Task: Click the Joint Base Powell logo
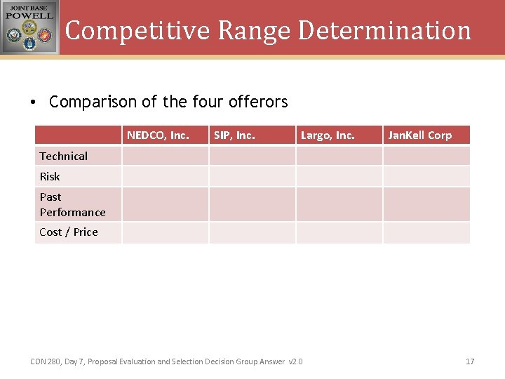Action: [x=29, y=27]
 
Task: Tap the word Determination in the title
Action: [x=384, y=31]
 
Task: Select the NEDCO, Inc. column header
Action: [x=158, y=135]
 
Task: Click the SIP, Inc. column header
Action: [x=234, y=135]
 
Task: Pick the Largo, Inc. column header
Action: [x=328, y=135]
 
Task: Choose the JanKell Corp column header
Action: [x=420, y=135]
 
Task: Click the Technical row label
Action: [x=64, y=156]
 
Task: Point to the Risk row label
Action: [x=50, y=176]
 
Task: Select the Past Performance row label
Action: [x=72, y=204]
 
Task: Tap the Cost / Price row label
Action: [x=69, y=232]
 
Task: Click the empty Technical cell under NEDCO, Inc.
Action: [x=165, y=156]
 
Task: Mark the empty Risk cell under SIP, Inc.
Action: [x=252, y=176]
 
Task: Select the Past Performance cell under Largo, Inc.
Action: [x=339, y=204]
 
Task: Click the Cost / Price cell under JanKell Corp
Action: [x=426, y=232]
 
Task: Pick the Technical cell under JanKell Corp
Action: [x=426, y=156]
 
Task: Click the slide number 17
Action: [x=470, y=361]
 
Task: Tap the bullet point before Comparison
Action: [x=33, y=102]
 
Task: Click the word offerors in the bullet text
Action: [x=259, y=102]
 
